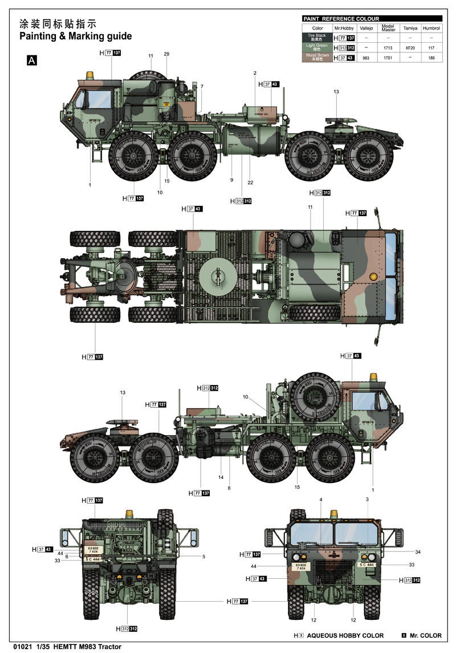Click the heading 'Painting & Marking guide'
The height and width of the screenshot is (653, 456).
tap(75, 36)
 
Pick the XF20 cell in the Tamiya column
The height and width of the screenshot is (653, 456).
tap(409, 48)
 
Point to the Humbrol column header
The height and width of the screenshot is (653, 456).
tap(431, 28)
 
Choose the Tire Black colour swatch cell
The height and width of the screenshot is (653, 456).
tap(317, 38)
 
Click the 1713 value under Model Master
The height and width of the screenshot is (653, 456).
tap(388, 48)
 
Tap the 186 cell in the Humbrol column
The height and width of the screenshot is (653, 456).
tap(431, 58)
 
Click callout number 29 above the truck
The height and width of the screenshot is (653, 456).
tap(166, 54)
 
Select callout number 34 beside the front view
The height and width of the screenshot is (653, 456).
tap(418, 552)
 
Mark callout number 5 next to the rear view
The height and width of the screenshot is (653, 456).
tap(203, 556)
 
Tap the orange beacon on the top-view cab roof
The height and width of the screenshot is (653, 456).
tap(373, 277)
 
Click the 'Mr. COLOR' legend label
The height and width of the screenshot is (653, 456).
tap(425, 635)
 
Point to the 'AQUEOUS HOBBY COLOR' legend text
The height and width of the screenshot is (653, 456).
tap(345, 635)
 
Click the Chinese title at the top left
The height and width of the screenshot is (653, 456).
tap(58, 24)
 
